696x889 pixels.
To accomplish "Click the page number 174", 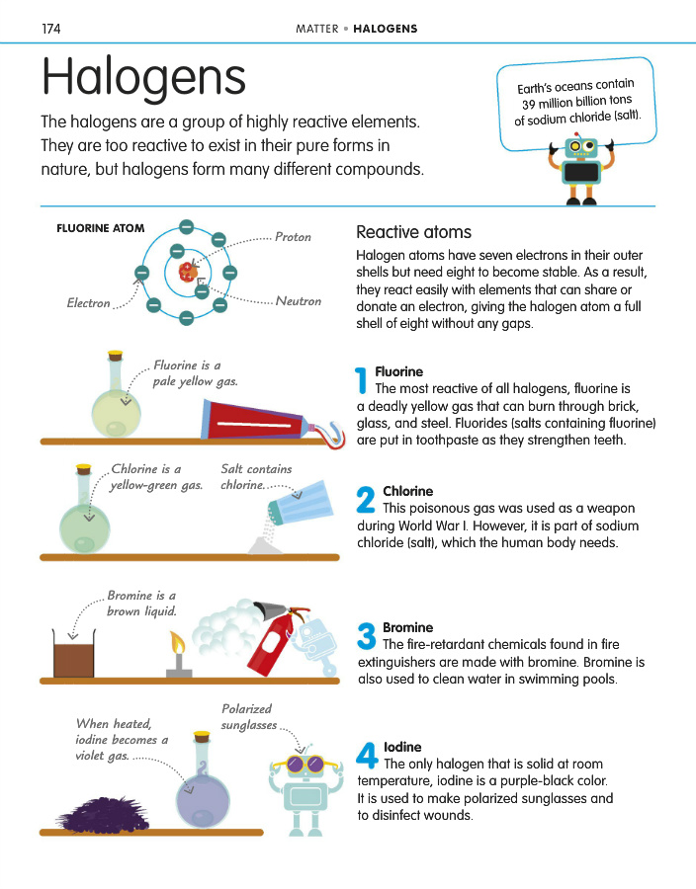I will [52, 28].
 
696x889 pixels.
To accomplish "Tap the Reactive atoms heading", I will [413, 233].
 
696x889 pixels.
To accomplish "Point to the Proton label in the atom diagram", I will [293, 237].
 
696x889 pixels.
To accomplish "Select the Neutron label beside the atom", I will [298, 301].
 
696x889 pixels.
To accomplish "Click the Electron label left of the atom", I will [88, 303].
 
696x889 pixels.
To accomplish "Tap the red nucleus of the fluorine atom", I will [186, 272].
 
